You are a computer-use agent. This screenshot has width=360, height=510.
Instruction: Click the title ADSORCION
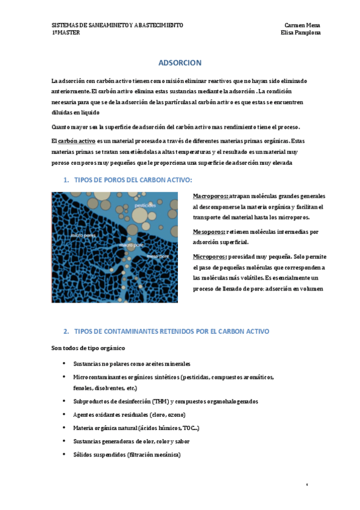[x=180, y=63]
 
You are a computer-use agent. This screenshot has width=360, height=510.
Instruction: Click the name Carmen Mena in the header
[x=302, y=25]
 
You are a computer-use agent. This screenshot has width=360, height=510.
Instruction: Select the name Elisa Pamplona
[x=301, y=33]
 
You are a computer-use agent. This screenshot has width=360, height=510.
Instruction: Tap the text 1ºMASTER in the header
[x=66, y=33]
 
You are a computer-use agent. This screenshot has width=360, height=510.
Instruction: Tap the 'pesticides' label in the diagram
[x=145, y=206]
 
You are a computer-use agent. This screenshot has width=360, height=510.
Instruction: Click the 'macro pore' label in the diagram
[x=130, y=245]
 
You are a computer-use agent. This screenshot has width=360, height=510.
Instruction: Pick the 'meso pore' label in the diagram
[x=157, y=256]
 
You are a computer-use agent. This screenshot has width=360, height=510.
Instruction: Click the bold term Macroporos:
[x=210, y=197]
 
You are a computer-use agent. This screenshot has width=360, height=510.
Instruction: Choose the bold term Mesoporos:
[x=209, y=232]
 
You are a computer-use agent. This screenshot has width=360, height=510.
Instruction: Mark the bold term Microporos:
[x=209, y=256]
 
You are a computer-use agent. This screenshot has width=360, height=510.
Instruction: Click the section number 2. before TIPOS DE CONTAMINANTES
[x=66, y=331]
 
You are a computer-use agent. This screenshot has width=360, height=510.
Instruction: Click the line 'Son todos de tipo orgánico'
[x=88, y=348]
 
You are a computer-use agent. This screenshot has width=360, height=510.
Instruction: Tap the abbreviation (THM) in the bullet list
[x=159, y=401]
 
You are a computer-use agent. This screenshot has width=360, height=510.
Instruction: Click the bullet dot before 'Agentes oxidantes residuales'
[x=64, y=414]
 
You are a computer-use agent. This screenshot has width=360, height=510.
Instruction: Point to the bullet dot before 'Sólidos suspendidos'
[x=64, y=454]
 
